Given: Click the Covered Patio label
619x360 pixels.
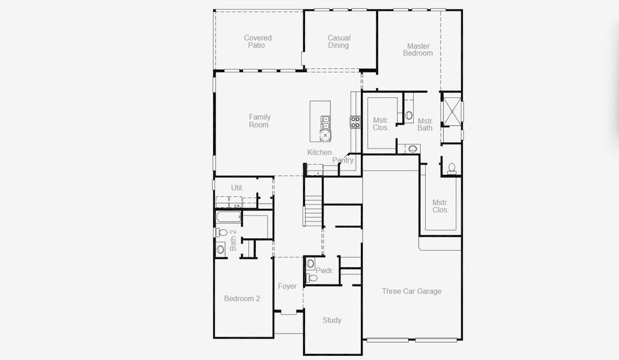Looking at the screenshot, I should (258, 41).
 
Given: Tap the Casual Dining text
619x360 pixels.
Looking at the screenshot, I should (339, 41).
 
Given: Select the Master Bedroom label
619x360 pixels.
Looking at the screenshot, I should (418, 49).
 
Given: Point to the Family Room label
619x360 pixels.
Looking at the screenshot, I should (259, 121).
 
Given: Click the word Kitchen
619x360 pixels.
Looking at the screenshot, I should (319, 152).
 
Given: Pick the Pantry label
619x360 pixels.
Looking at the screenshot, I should (343, 160).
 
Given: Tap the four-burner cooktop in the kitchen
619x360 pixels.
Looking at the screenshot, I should (355, 122).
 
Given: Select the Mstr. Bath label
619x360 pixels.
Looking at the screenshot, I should (425, 124).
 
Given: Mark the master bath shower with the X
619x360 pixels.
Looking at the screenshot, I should (451, 112).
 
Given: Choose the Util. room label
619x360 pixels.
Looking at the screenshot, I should (237, 188).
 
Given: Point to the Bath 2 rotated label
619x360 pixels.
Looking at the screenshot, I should (233, 240).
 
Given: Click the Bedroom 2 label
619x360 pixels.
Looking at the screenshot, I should (242, 298).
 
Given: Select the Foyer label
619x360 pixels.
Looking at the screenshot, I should (287, 286).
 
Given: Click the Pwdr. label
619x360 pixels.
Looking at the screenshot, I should (324, 271).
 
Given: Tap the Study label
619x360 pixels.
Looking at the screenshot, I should (332, 320).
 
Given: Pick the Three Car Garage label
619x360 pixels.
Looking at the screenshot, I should (411, 291).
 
